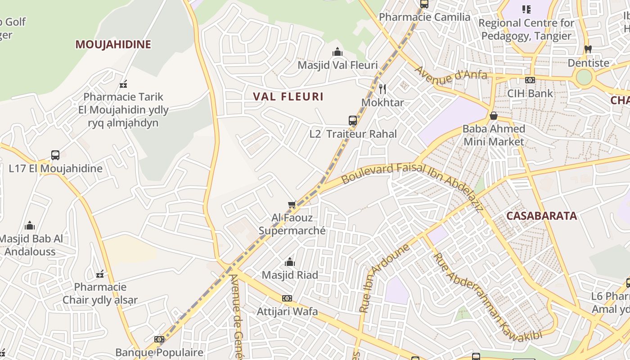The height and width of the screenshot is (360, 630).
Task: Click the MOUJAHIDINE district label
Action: click(113, 45)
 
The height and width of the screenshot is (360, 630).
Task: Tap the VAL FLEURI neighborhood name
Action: click(288, 97)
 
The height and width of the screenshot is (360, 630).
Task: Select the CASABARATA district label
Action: click(541, 216)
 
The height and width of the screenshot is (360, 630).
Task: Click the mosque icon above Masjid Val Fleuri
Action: click(337, 52)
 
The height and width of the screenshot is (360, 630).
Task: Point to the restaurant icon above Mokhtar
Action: click(382, 89)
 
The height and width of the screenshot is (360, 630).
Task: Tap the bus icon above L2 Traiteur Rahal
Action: click(353, 121)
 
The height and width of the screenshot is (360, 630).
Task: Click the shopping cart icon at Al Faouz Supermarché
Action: click(292, 205)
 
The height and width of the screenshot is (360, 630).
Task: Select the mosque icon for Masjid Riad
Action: click(290, 262)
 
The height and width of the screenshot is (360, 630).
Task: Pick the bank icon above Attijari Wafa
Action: click(287, 298)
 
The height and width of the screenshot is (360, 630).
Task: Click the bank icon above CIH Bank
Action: click(530, 80)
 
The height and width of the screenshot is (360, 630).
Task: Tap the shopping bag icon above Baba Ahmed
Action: click(494, 116)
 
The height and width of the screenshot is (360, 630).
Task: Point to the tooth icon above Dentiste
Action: click(588, 49)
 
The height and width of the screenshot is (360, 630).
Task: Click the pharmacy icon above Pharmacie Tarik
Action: click(123, 84)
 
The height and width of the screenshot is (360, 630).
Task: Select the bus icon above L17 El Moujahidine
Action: click(55, 155)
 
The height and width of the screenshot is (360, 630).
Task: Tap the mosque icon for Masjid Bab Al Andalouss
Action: click(30, 225)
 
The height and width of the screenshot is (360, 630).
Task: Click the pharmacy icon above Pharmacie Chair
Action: click(100, 274)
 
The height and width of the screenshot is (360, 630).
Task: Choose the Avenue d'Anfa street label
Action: click(450, 75)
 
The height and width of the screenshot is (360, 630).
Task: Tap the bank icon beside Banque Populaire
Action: click(159, 339)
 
